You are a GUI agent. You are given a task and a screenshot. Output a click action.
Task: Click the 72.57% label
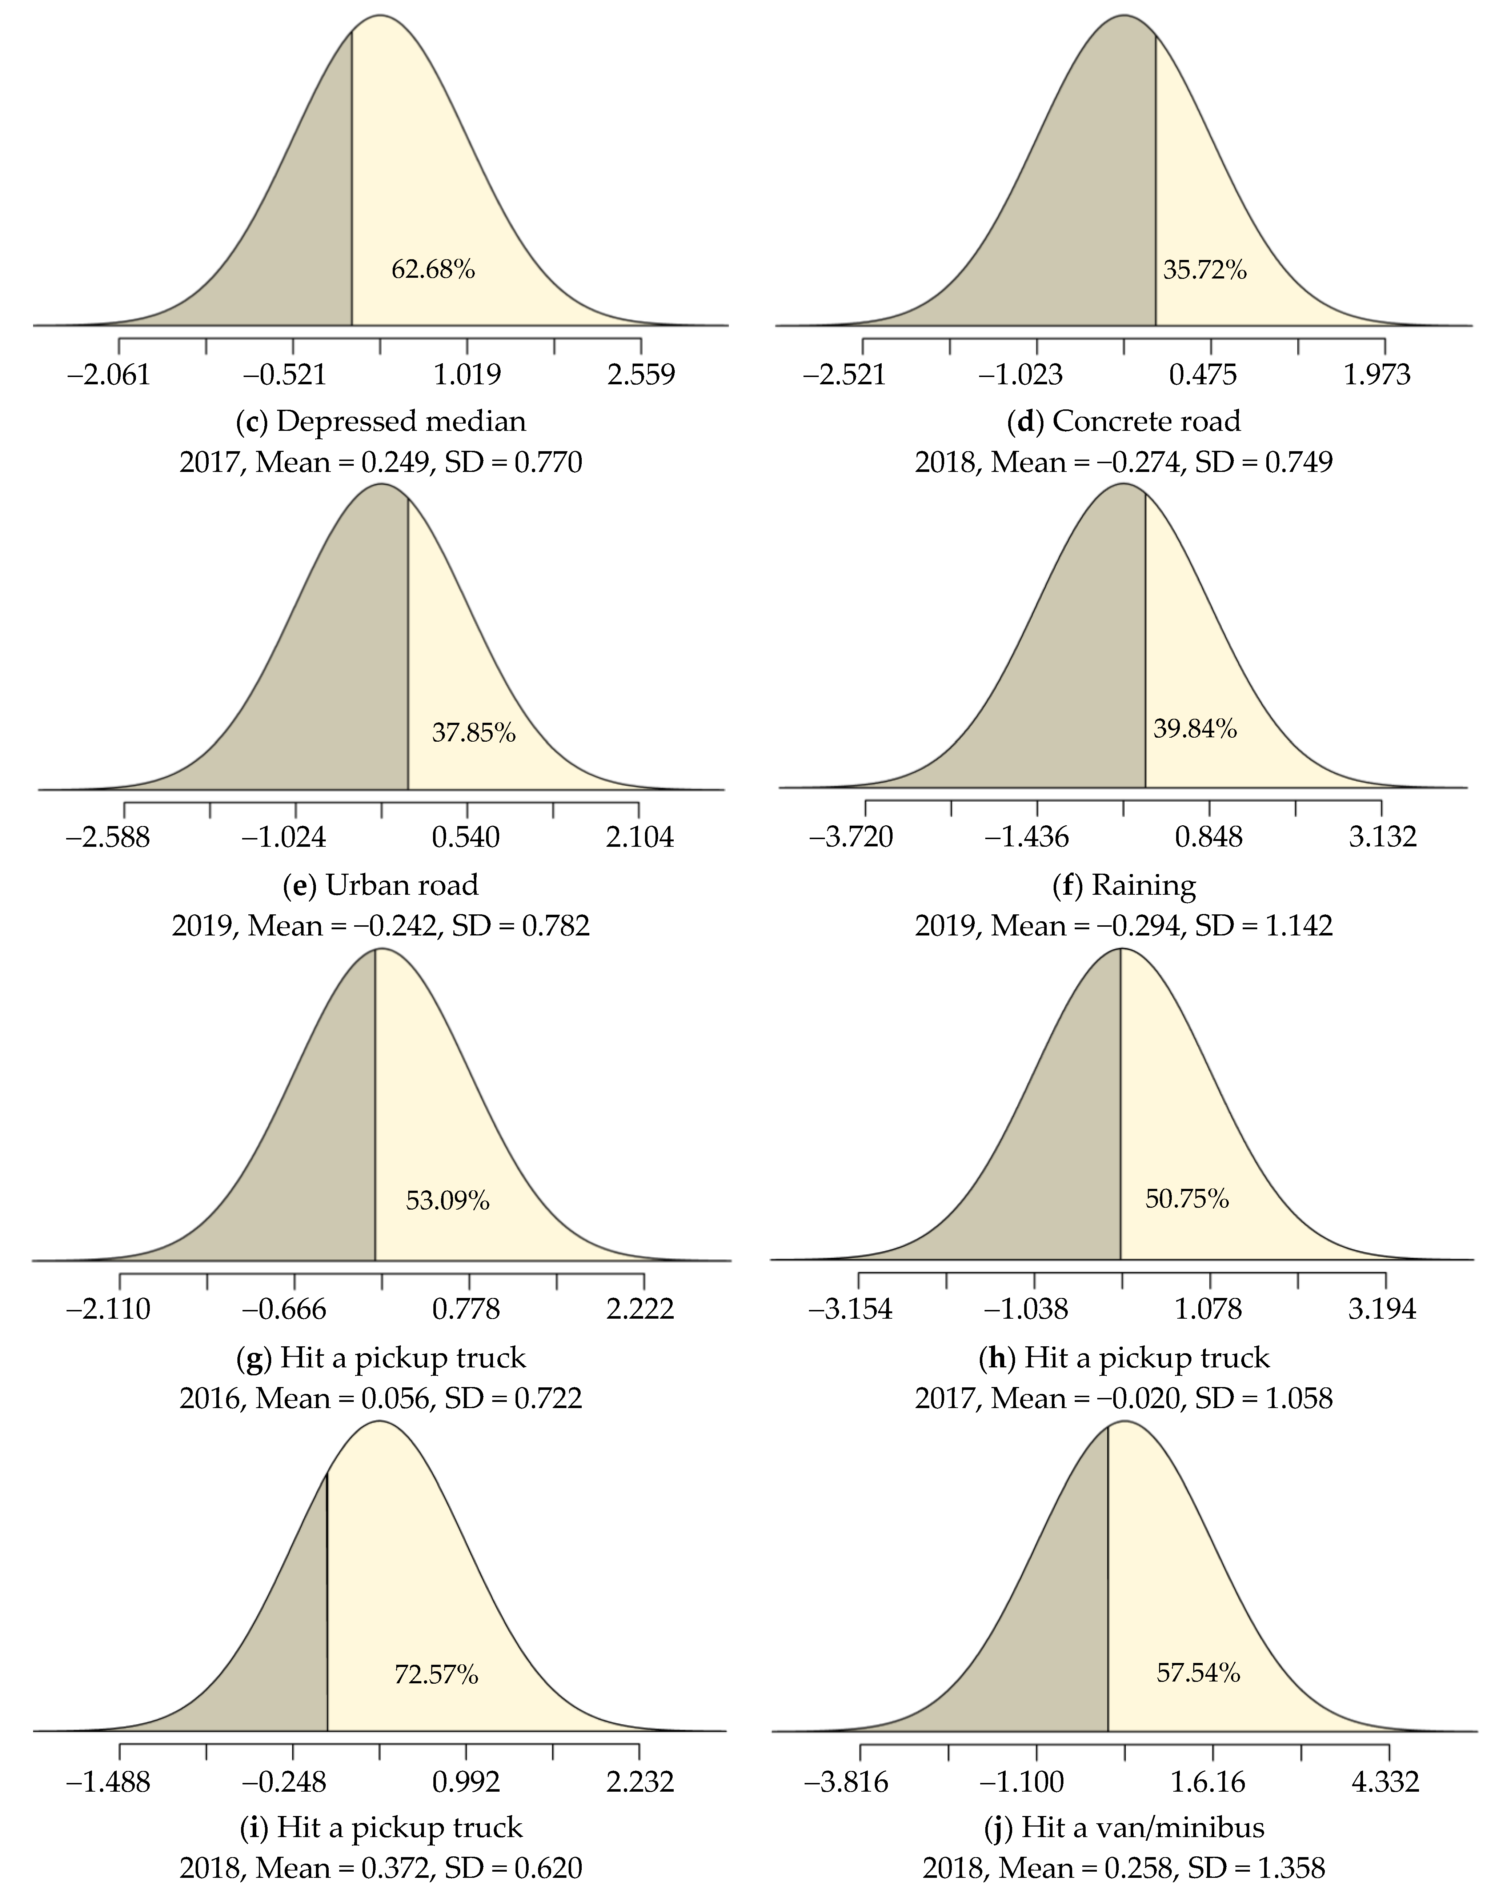(x=436, y=1674)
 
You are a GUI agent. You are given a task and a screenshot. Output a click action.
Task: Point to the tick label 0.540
(x=466, y=838)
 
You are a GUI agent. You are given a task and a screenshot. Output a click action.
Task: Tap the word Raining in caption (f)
(x=1143, y=886)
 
